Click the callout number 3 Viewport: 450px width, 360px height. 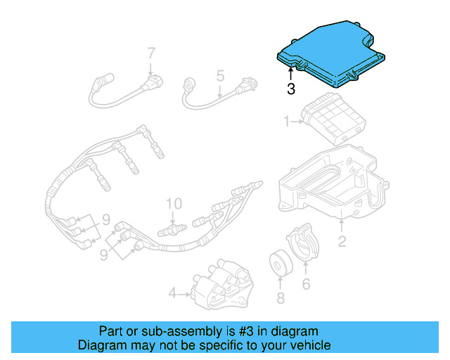click(x=290, y=89)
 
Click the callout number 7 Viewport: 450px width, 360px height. click(x=150, y=53)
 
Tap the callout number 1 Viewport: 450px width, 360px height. click(x=287, y=122)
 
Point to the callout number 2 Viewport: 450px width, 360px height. click(x=342, y=242)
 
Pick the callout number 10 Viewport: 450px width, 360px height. click(x=173, y=204)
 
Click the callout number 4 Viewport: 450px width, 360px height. click(x=172, y=292)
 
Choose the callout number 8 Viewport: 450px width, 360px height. click(x=281, y=298)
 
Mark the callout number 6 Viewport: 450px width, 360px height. click(x=306, y=284)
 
